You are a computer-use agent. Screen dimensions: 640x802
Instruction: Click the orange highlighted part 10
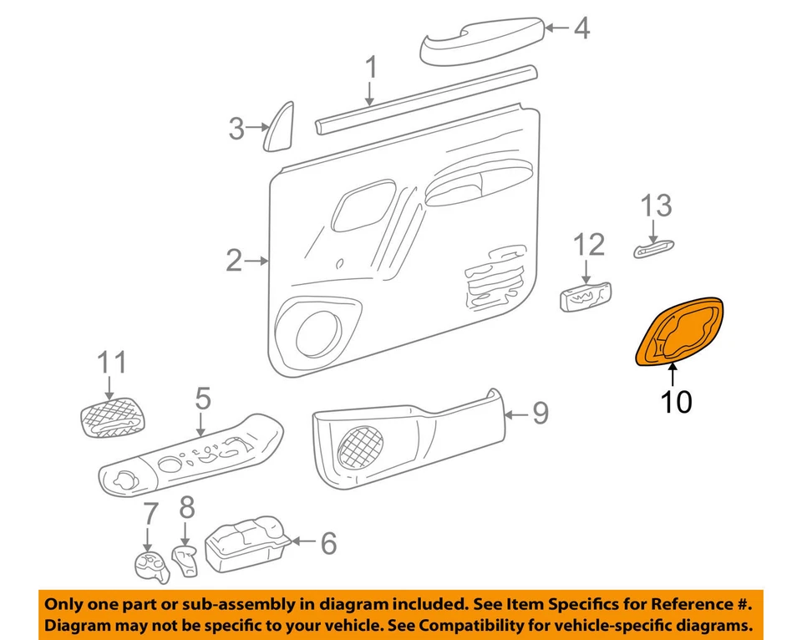pos(678,333)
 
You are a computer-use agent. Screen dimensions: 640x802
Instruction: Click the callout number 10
pos(676,403)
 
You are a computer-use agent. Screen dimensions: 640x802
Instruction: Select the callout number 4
pos(581,29)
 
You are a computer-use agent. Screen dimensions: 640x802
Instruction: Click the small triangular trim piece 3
pos(279,128)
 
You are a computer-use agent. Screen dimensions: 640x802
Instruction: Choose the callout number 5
pos(202,399)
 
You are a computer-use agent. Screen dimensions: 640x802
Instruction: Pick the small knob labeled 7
pos(150,566)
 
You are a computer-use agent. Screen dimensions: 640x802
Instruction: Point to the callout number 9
pos(541,413)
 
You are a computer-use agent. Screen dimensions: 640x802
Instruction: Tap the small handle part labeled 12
pos(585,296)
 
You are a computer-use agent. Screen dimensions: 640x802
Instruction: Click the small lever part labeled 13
pos(653,248)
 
